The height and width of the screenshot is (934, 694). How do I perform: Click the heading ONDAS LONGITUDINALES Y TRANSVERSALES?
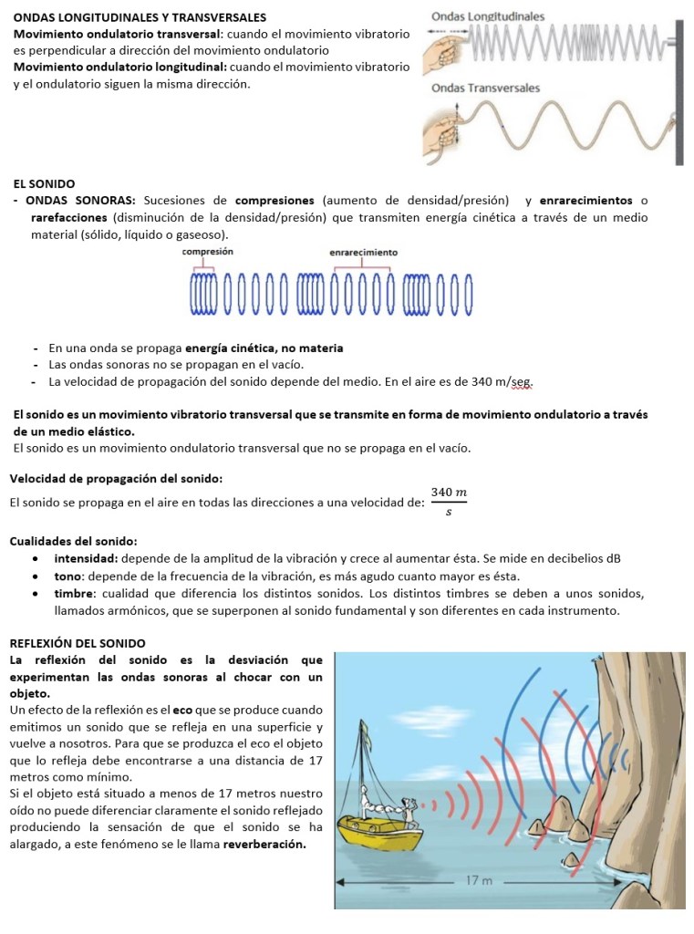point(140,17)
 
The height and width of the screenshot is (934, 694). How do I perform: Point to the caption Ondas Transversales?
point(485,88)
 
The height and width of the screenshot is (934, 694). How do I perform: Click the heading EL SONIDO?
point(45,183)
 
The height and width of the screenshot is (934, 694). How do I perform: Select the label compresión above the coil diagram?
point(207,251)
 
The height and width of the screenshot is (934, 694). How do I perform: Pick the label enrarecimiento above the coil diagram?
point(363,252)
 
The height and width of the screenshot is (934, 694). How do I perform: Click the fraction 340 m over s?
point(449,502)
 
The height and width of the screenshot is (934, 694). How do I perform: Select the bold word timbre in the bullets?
point(74,593)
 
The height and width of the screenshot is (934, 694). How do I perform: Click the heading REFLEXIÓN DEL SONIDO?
point(77,643)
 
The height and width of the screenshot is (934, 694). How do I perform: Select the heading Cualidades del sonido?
point(73,540)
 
